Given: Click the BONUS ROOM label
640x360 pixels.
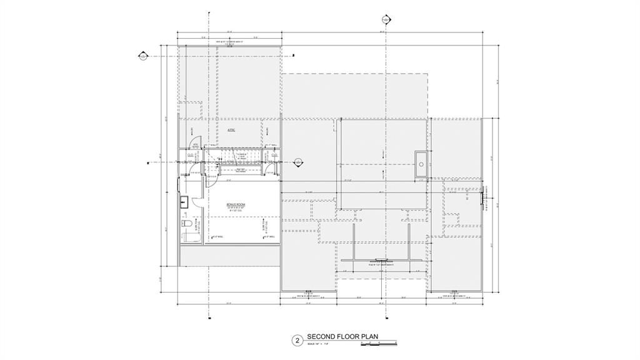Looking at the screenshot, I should pos(234,204).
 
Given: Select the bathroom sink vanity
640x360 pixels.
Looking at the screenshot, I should pos(184,202).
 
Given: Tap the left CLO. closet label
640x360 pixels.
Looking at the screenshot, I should pos(190,156).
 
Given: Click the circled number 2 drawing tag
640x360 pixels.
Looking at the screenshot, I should pos(297,340).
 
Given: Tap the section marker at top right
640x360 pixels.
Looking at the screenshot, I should pos(386,20).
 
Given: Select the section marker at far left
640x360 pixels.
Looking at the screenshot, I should pos(143,57).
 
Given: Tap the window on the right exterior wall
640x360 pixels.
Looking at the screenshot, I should pos(482,200).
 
